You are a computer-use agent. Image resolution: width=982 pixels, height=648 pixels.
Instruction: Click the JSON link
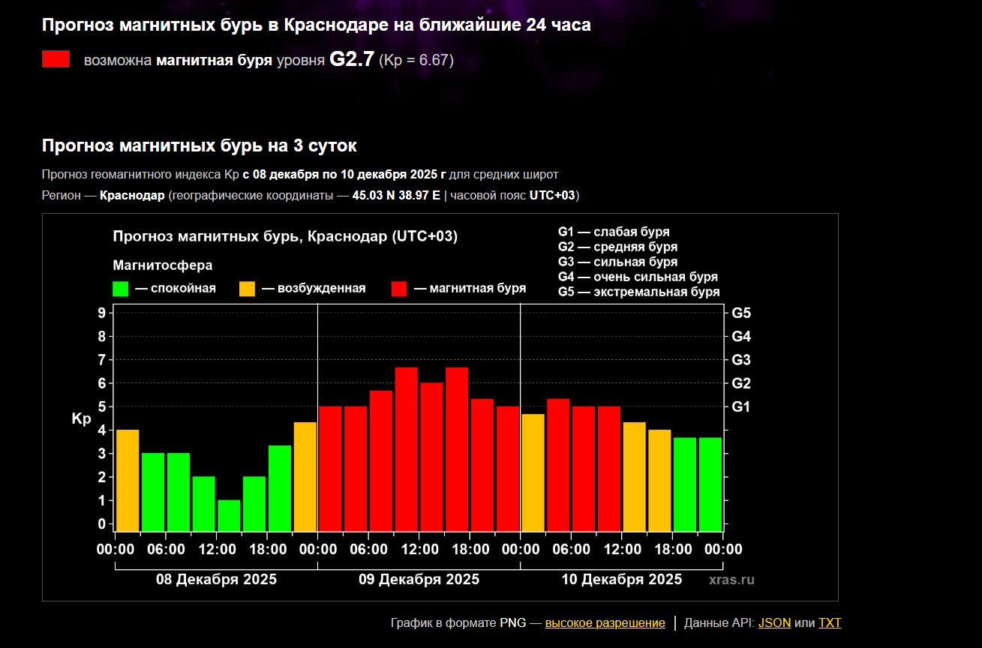point(774,622)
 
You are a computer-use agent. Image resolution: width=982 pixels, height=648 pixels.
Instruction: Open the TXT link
point(830,622)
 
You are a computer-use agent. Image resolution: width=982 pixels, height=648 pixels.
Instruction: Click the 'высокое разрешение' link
point(605,622)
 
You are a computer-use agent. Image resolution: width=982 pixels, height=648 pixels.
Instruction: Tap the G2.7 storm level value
point(351,60)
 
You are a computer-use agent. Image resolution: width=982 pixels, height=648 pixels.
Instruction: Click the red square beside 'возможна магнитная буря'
point(56,59)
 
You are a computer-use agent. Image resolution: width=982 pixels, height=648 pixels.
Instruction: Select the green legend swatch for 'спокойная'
point(120,289)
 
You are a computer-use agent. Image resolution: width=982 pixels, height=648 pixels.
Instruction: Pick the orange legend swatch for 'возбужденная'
point(247,289)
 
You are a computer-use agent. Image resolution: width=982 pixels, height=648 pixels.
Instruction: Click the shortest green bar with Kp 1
point(229,515)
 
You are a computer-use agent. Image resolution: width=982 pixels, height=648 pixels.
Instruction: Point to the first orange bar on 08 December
point(128,480)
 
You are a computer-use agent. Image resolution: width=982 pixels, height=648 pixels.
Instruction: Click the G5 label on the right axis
point(741,313)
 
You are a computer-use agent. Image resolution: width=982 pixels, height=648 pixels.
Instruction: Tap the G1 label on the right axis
point(741,406)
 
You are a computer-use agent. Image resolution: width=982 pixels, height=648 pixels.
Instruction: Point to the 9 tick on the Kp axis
point(101,313)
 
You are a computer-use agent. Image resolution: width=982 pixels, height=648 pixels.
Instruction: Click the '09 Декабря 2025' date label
point(419,579)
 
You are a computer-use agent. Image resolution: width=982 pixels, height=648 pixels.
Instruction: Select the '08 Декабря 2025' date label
point(216,579)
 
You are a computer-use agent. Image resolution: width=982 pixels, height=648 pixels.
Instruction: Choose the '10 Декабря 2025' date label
point(622,579)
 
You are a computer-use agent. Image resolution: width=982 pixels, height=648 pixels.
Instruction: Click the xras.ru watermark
point(731,580)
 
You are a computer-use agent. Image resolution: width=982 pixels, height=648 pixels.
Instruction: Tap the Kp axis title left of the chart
point(81,420)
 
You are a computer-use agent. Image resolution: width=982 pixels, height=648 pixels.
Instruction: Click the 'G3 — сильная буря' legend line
point(617,262)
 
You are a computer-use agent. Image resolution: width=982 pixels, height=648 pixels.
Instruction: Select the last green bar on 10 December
point(710,484)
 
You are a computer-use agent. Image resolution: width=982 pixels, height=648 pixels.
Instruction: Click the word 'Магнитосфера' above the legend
point(162,265)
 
